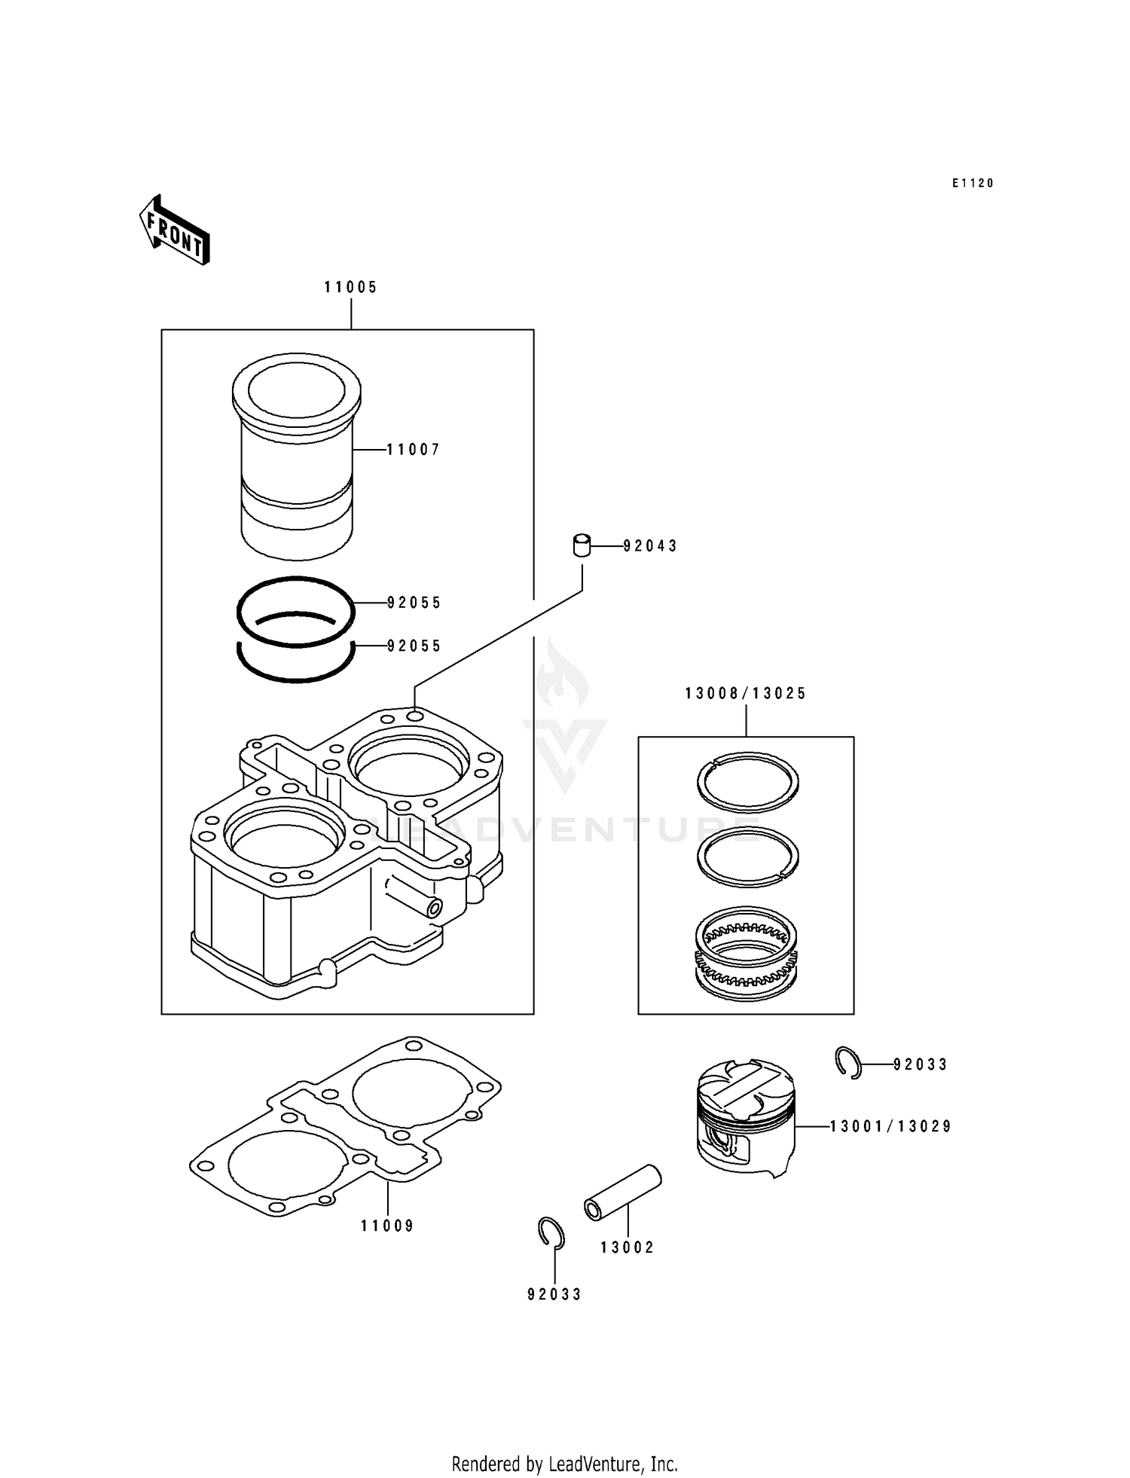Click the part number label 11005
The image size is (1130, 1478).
tap(350, 287)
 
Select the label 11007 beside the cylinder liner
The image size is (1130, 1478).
tap(413, 450)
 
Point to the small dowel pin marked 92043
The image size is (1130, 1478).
tap(582, 545)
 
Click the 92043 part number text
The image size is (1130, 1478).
tap(650, 546)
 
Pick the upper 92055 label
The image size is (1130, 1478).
tap(414, 603)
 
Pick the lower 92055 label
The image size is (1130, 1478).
tap(414, 646)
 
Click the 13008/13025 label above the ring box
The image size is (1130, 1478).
tap(745, 693)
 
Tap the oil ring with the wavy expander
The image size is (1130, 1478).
tap(747, 954)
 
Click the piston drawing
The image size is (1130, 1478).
tap(744, 1116)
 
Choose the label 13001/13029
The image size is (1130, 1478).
tap(890, 1126)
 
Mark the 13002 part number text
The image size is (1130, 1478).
tap(627, 1247)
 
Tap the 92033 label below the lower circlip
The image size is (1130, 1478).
tap(554, 1294)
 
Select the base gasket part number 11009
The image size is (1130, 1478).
tap(387, 1226)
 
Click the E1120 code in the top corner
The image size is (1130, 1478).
tap(973, 183)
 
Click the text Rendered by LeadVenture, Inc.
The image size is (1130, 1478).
tap(564, 1464)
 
